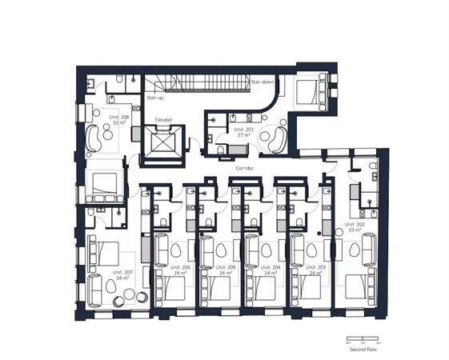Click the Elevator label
163,120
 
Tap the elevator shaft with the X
163,142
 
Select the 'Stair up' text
155,98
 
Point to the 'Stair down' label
263,82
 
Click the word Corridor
245,170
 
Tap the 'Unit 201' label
243,130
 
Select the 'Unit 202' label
355,226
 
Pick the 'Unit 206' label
180,269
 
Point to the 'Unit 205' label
226,269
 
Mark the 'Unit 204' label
271,269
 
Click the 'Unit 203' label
317,269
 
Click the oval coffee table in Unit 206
175,250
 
